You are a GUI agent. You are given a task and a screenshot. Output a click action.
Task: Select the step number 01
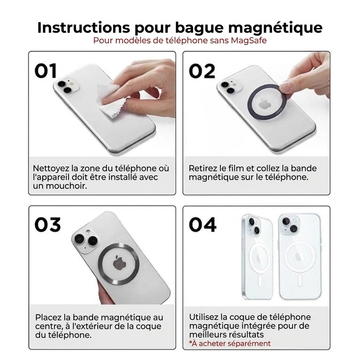45,71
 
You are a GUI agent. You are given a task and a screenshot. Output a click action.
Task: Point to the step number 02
202,71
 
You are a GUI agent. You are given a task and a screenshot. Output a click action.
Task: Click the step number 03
48,224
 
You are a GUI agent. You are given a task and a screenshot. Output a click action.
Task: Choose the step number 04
202,224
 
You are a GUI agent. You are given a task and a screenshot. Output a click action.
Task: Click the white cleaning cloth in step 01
111,101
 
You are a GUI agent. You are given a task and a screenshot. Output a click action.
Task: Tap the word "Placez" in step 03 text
49,317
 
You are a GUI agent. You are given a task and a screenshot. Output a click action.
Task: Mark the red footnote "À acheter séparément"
230,343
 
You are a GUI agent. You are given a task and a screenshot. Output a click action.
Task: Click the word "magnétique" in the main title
276,28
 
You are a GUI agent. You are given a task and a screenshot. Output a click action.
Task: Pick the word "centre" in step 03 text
48,327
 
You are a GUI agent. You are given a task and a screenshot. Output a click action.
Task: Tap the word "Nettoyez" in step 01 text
51,168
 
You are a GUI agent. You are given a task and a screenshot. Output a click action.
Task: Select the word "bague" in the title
199,28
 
